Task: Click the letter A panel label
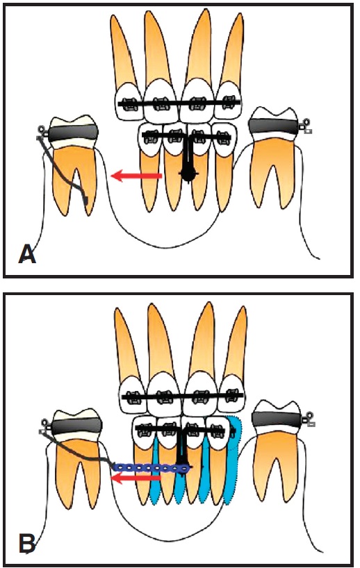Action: coord(28,254)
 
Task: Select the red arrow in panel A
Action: coord(136,176)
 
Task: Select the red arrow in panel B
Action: coord(136,478)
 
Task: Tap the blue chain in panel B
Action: coord(152,468)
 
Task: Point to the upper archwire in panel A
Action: coord(179,104)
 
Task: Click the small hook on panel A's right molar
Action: coord(306,126)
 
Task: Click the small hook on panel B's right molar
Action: coord(309,419)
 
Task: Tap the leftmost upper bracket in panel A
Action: coord(129,104)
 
